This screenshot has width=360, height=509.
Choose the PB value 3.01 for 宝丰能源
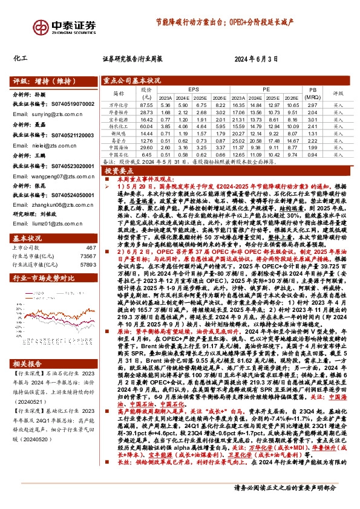[x=313, y=120]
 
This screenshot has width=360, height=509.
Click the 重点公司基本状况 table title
[x=132, y=80]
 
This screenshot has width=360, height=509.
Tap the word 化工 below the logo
[x=21, y=59]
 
